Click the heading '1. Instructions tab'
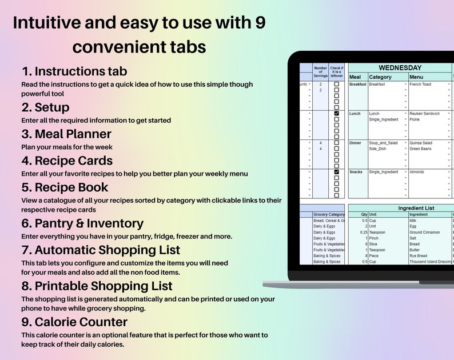(74, 71)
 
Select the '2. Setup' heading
(45, 107)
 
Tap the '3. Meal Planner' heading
(66, 134)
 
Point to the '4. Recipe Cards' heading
(67, 161)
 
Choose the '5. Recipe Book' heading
(65, 187)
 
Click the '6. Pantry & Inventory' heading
(82, 223)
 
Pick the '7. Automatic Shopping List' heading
(101, 250)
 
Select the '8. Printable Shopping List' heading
(97, 286)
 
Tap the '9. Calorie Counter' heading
(74, 322)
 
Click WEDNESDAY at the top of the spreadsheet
(400, 68)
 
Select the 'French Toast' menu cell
(420, 85)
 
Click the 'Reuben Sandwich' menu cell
(425, 114)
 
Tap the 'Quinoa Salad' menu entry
(421, 143)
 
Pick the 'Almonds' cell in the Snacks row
(417, 172)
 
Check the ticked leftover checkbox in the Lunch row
(337, 114)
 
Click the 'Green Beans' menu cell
(421, 149)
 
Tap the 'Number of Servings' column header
(320, 71)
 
